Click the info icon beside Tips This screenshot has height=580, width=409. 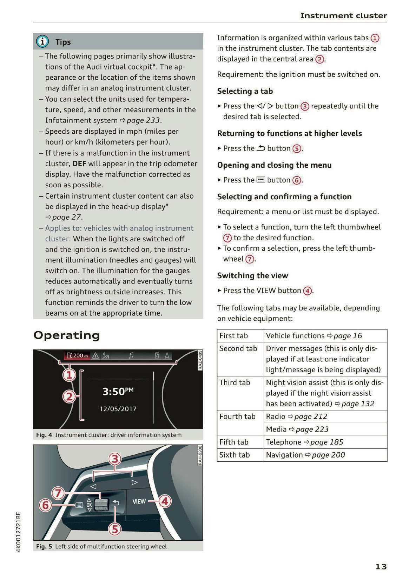click(x=42, y=41)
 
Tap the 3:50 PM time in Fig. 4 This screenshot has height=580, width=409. click(x=118, y=391)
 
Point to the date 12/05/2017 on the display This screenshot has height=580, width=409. click(x=118, y=409)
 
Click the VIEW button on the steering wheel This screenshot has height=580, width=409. click(x=139, y=501)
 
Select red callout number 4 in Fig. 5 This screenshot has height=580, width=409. click(x=165, y=501)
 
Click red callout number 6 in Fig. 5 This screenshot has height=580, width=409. click(x=45, y=505)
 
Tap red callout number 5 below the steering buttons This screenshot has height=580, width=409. click(x=115, y=528)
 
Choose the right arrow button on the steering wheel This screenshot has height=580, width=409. click(x=134, y=482)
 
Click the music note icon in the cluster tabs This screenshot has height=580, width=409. click(x=131, y=355)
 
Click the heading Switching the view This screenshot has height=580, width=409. click(x=252, y=275)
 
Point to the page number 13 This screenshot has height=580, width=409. click(x=381, y=566)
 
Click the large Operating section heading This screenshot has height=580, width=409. click(x=67, y=335)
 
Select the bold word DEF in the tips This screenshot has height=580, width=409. click(x=79, y=164)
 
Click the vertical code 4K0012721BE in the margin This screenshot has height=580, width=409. click(x=19, y=532)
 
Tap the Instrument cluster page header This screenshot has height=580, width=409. click(x=343, y=15)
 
